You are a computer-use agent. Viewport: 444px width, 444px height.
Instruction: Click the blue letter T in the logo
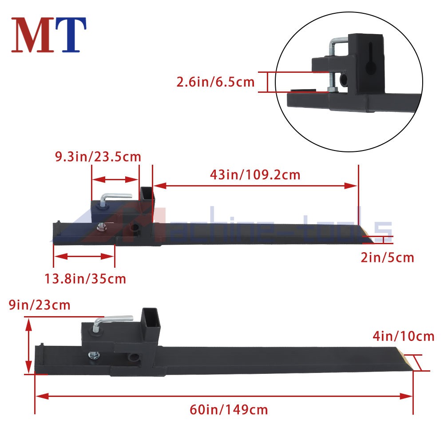71,35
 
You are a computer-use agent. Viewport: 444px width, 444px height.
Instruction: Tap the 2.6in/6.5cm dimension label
215,82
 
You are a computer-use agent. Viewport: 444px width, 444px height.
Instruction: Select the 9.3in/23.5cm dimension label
98,157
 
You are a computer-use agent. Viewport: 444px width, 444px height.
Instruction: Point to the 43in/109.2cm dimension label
255,174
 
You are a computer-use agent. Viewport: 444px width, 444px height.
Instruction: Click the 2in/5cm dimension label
387,258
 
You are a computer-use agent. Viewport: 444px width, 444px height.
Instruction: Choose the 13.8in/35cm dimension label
85,279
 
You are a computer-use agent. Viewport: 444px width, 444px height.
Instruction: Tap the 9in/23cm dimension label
40,305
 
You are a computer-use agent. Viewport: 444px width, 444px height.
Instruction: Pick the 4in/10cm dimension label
403,336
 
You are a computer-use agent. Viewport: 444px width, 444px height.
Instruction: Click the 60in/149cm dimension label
229,410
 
